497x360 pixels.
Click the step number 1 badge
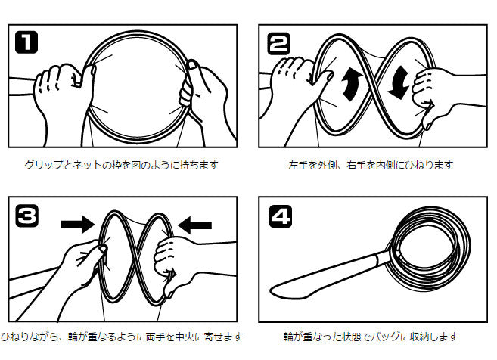[26, 42]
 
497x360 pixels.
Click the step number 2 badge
[278, 43]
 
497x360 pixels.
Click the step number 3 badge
[27, 216]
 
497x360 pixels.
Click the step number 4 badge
[281, 216]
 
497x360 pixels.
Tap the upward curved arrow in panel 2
[351, 84]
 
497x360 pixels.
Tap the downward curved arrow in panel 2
[399, 83]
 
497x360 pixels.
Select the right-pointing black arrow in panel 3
[78, 225]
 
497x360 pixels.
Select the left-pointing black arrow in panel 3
[195, 225]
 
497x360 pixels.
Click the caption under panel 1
[121, 165]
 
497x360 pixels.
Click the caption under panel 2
[371, 165]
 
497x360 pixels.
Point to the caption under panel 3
[121, 337]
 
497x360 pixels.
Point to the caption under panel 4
[371, 337]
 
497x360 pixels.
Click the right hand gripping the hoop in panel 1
[203, 95]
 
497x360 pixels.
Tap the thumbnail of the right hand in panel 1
[192, 65]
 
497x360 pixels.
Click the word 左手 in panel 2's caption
[298, 165]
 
